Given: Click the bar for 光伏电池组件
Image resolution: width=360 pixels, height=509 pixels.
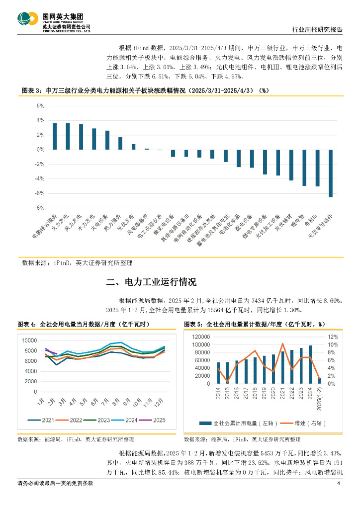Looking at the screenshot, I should [x=331, y=173].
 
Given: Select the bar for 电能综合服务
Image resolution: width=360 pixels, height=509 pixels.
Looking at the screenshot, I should [x=55, y=136].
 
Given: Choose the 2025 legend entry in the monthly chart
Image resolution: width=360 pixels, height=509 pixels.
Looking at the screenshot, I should [x=152, y=420].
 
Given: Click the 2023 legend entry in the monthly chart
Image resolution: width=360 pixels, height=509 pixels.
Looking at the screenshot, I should [x=96, y=420].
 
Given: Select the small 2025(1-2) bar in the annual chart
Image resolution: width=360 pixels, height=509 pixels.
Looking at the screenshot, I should [x=319, y=381].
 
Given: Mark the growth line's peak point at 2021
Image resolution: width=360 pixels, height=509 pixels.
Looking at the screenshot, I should [x=283, y=343].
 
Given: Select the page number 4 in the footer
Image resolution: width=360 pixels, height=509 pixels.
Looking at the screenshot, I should [x=339, y=484].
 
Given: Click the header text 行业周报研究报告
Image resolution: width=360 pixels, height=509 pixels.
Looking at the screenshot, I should [x=316, y=29].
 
